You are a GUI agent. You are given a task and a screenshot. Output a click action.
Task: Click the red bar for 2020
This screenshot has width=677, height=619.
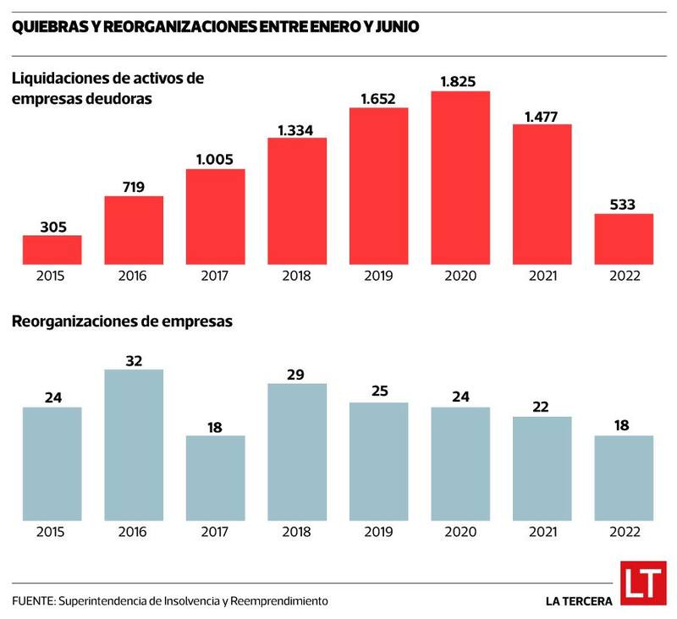point(460,178)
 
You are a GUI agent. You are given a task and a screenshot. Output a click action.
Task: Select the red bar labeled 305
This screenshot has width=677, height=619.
point(52,249)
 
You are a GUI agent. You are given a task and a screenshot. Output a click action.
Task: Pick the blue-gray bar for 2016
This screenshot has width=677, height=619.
point(134,445)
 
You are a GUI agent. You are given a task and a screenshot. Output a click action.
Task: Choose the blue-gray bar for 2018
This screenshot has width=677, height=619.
point(297,452)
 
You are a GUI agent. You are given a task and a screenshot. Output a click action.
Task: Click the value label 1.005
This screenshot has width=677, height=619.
point(215,159)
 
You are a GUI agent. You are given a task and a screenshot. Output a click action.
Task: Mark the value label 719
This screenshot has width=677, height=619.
point(134,186)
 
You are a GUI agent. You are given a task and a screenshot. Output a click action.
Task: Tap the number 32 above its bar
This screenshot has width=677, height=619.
point(134,360)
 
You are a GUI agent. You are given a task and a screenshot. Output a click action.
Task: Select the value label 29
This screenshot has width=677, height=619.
point(297,375)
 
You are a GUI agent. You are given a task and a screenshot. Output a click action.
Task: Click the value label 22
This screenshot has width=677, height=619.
point(542,407)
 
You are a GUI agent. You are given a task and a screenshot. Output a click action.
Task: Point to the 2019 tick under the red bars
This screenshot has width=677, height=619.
point(378,276)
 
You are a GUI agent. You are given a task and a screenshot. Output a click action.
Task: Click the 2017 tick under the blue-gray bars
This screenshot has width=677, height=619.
point(215,532)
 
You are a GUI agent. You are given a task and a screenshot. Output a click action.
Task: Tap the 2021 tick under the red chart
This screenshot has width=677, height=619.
point(542,276)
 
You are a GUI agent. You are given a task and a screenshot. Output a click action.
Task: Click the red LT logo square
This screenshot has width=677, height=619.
point(643,583)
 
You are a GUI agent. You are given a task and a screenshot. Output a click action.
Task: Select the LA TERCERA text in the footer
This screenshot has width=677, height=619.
point(580,601)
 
